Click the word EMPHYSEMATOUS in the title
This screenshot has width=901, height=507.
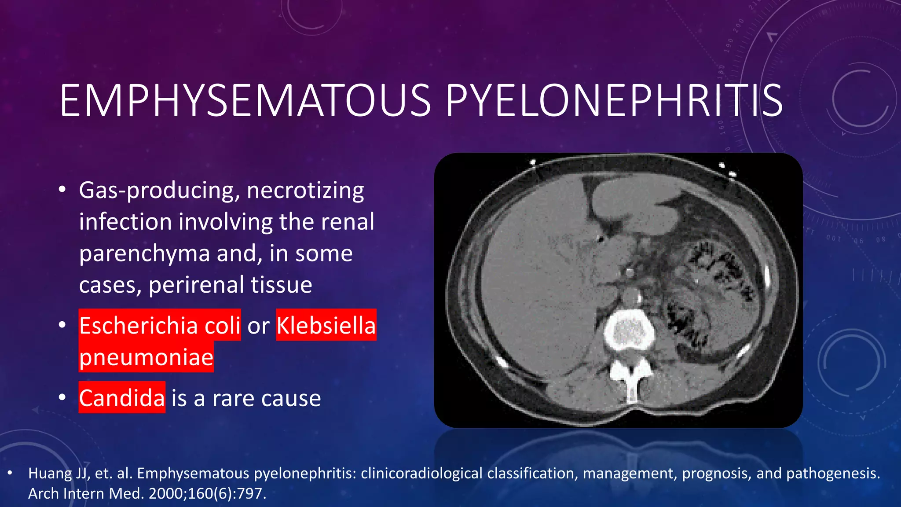[x=245, y=101]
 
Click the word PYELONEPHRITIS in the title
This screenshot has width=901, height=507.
[x=614, y=101]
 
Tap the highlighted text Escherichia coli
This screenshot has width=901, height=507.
[x=160, y=325]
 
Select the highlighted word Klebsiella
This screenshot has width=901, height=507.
[x=326, y=325]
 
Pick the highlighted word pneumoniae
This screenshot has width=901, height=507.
[x=146, y=357]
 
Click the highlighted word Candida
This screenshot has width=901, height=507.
[x=122, y=398]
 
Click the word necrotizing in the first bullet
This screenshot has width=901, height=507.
[x=305, y=191]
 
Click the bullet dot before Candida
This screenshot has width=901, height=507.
[x=62, y=398]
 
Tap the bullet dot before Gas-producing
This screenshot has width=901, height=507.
[x=62, y=190]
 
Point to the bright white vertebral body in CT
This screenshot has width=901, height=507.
[x=629, y=332]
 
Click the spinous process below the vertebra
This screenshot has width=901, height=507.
[x=632, y=383]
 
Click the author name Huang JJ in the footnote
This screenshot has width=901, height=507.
[x=58, y=473]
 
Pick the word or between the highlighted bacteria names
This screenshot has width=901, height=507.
[x=258, y=326]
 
